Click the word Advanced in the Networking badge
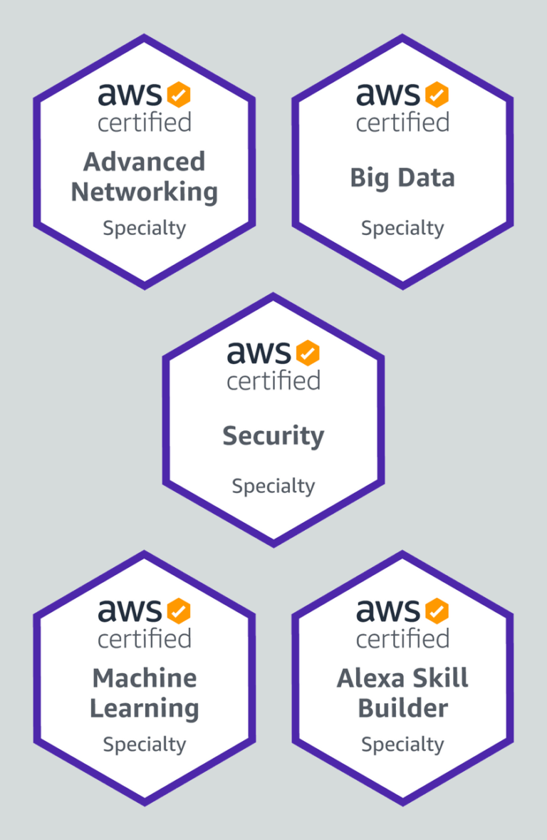pyautogui.click(x=144, y=162)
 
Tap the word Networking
pyautogui.click(x=144, y=192)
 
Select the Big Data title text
pyautogui.click(x=402, y=177)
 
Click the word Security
pyautogui.click(x=273, y=435)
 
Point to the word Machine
pyautogui.click(x=144, y=678)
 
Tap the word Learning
pyautogui.click(x=144, y=709)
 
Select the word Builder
pyautogui.click(x=402, y=708)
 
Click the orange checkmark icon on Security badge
pyautogui.click(x=308, y=352)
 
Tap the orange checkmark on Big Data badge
pyautogui.click(x=437, y=94)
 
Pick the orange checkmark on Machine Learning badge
pyautogui.click(x=179, y=610)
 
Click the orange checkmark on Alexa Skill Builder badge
pyautogui.click(x=437, y=610)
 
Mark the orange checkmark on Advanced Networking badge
pyautogui.click(x=179, y=94)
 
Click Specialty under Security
pyautogui.click(x=273, y=487)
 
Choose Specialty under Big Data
pyautogui.click(x=402, y=229)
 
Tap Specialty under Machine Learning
pyautogui.click(x=144, y=745)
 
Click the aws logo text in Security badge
pyautogui.click(x=259, y=352)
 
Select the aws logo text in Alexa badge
pyautogui.click(x=388, y=610)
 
